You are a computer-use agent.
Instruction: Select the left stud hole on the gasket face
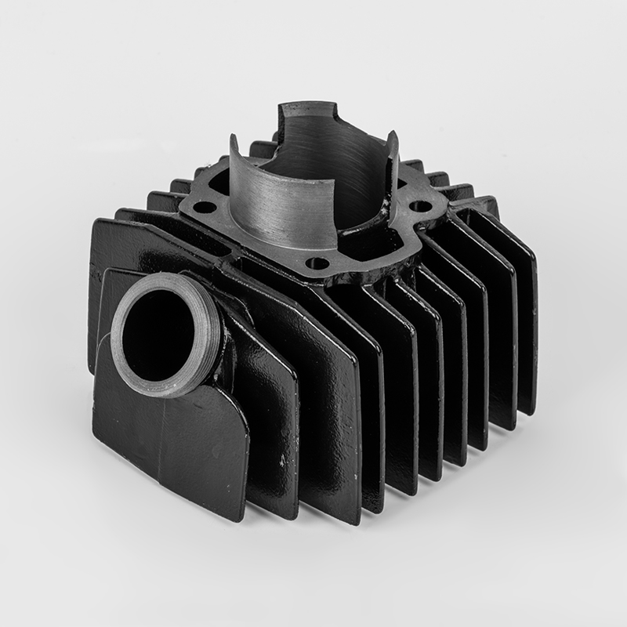(205, 208)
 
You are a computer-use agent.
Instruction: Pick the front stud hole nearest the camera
(317, 263)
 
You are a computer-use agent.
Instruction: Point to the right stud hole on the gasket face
(421, 207)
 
